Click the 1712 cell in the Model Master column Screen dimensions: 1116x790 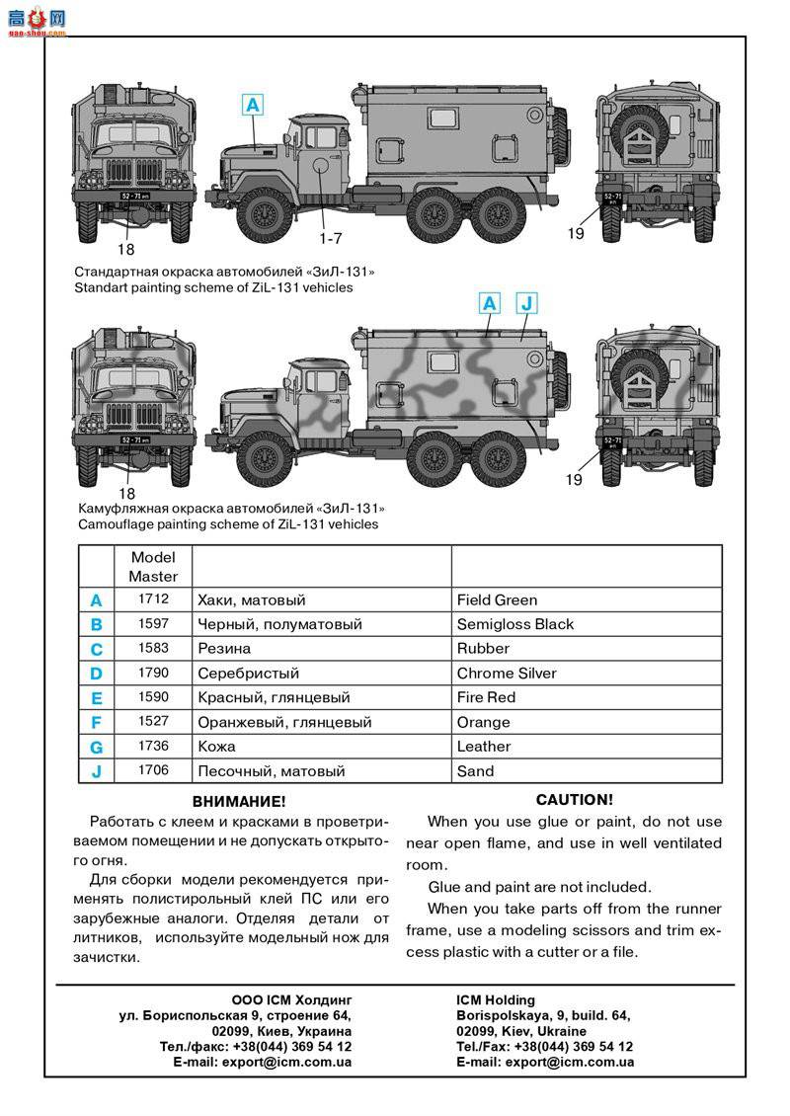click(x=153, y=599)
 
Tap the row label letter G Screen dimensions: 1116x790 click(x=96, y=748)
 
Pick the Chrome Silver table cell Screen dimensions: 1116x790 click(x=507, y=674)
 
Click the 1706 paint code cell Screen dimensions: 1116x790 click(x=153, y=770)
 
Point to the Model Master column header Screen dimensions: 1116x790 click(x=153, y=566)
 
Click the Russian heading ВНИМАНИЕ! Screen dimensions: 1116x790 click(x=239, y=800)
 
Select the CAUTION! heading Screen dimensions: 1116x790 click(x=574, y=800)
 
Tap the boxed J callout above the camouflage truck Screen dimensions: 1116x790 click(x=525, y=303)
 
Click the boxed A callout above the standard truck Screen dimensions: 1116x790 click(x=253, y=105)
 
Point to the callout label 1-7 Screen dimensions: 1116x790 click(x=330, y=238)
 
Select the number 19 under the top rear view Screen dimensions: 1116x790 click(x=576, y=234)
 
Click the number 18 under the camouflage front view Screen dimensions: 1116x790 click(x=125, y=493)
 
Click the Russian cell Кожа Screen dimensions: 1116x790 click(x=216, y=747)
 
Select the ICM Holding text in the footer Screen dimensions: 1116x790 click(x=496, y=1000)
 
